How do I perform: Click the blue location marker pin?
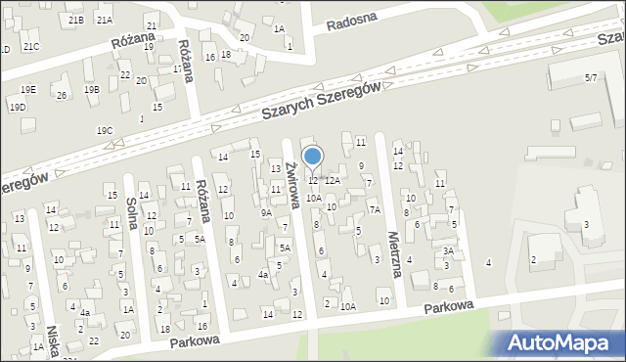click(x=313, y=157)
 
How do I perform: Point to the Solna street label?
click(x=132, y=211)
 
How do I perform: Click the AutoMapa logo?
click(x=562, y=342)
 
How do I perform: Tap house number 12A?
click(x=333, y=180)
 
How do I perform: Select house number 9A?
click(x=265, y=212)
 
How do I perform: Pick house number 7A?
click(x=374, y=209)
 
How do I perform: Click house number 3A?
click(x=447, y=250)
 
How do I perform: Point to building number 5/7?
click(x=590, y=76)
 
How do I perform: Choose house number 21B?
click(x=75, y=20)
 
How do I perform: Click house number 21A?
click(x=105, y=20)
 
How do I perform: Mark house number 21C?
click(x=31, y=47)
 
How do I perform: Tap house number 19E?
click(x=28, y=90)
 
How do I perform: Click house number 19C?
click(x=105, y=130)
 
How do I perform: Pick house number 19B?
click(x=92, y=90)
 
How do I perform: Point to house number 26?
click(x=61, y=95)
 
